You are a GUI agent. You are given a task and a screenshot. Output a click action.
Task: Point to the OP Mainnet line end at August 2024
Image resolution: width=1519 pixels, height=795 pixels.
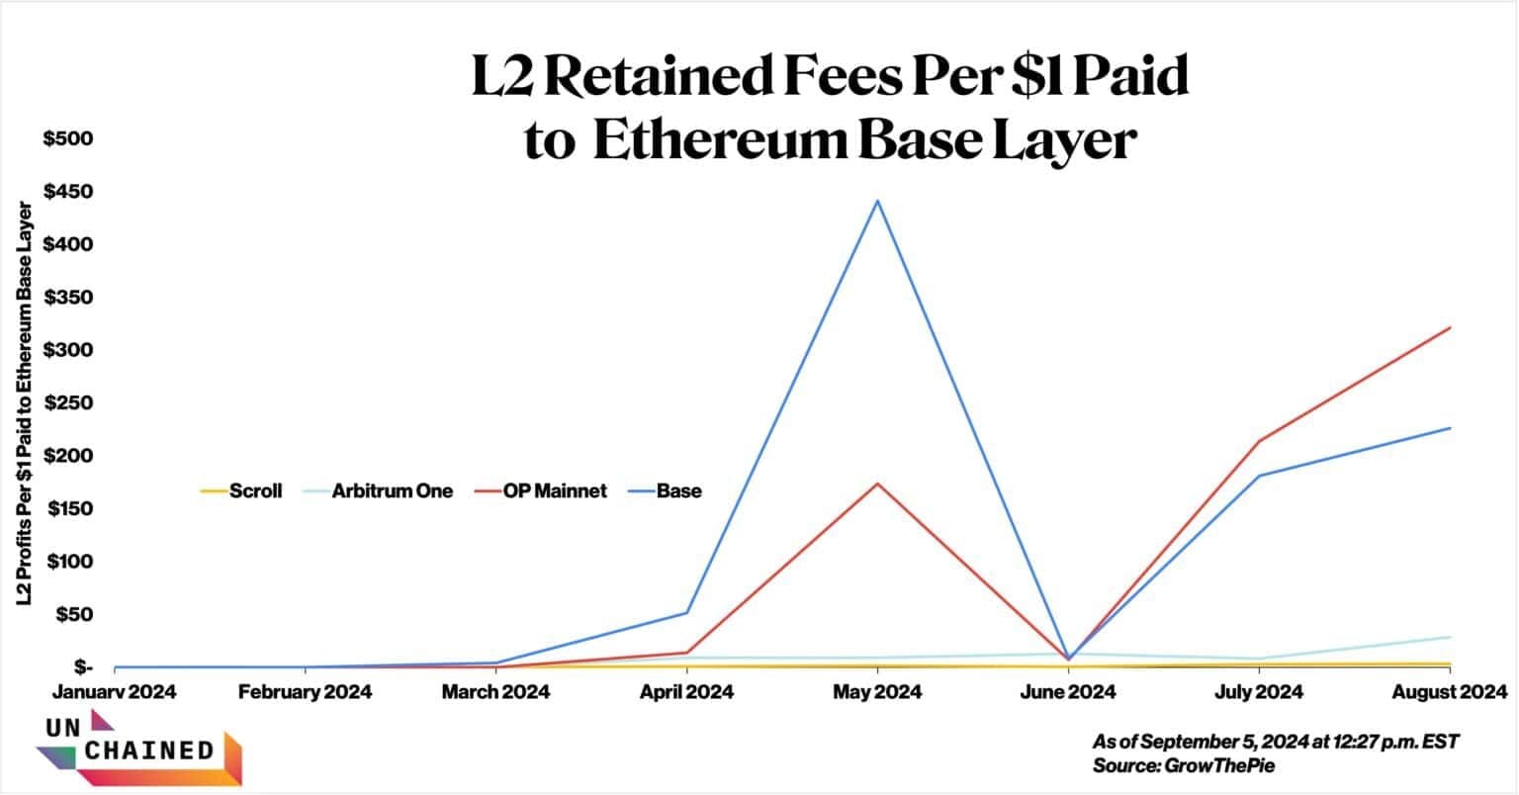(1450, 327)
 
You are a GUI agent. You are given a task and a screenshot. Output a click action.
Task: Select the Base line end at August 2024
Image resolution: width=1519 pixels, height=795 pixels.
(1450, 428)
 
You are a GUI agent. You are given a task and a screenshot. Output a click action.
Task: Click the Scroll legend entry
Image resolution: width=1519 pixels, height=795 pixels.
(241, 490)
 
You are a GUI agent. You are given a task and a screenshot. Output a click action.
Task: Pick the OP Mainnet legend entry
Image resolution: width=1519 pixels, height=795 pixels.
(540, 490)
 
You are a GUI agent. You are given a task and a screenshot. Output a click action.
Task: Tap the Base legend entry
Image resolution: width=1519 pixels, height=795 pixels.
(665, 490)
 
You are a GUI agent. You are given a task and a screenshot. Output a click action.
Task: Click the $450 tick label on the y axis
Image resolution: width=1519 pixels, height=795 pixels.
(68, 191)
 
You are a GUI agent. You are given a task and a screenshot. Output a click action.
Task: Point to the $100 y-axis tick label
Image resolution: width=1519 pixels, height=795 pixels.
(68, 562)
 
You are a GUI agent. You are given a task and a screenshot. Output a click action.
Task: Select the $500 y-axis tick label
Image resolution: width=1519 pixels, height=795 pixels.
(68, 138)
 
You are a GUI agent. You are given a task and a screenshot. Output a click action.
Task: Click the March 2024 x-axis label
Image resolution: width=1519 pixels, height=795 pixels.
(496, 691)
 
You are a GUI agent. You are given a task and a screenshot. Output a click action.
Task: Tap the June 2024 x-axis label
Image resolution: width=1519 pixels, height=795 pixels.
(1068, 691)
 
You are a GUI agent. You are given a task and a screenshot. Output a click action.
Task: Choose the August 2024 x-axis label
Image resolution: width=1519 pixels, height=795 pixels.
(1449, 691)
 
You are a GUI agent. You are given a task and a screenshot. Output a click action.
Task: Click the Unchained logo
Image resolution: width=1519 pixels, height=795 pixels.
(138, 749)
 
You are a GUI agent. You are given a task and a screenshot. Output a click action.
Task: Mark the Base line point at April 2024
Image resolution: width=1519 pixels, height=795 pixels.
(686, 613)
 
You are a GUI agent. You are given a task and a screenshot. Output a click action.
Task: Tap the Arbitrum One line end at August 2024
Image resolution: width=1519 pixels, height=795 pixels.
(1450, 637)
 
